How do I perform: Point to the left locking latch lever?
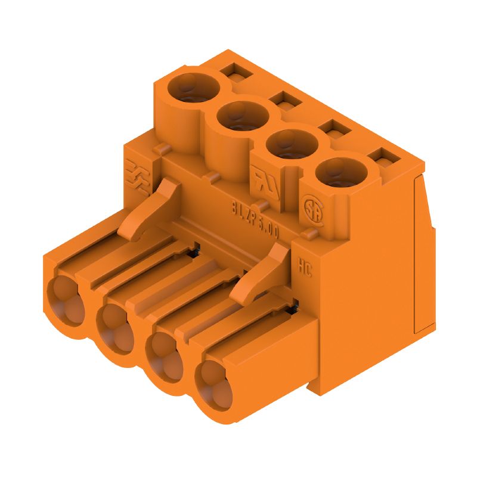click(x=149, y=209)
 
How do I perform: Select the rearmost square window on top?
click(x=232, y=73)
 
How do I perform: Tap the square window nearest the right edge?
click(x=382, y=157)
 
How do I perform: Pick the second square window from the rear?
click(x=281, y=100)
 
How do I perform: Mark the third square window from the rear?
click(x=332, y=129)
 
